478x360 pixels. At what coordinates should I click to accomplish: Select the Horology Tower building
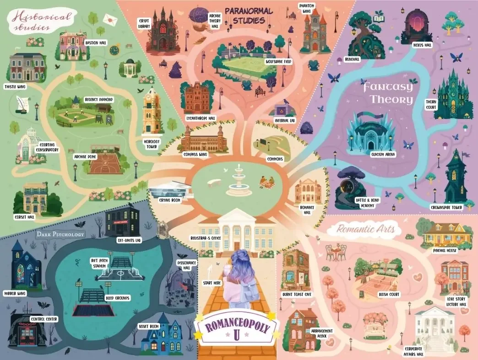pos(152,110)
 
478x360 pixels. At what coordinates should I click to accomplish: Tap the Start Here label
pos(212,283)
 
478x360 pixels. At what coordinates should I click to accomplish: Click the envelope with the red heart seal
pos(110,19)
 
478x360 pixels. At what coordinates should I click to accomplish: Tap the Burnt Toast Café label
pos(297,295)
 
